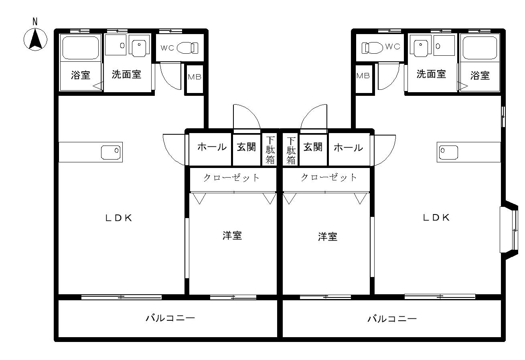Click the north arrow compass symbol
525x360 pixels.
pos(35,39)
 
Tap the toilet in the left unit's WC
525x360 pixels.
pos(187,48)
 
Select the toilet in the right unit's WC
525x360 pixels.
pos(372,48)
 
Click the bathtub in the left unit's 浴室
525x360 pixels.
pos(80,48)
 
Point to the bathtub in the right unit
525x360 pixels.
pos(480,48)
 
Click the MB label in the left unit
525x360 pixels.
pos(195,77)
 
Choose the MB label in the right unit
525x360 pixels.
pos(363,76)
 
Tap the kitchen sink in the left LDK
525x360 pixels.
pos(111,152)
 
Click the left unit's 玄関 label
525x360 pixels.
pos(246,147)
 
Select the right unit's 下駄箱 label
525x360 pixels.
pos(291,151)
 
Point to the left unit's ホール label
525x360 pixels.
pos(212,147)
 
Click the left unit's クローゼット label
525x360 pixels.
pos(231,178)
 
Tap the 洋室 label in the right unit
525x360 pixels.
pos(328,237)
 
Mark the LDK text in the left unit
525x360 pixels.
pos(119,218)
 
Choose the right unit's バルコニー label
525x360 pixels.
pos(392,319)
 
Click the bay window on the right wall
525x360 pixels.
pos(509,230)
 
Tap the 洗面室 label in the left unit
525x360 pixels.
pos(126,74)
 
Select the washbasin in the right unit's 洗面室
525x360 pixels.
pos(421,48)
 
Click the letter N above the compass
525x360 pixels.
pos(35,22)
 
